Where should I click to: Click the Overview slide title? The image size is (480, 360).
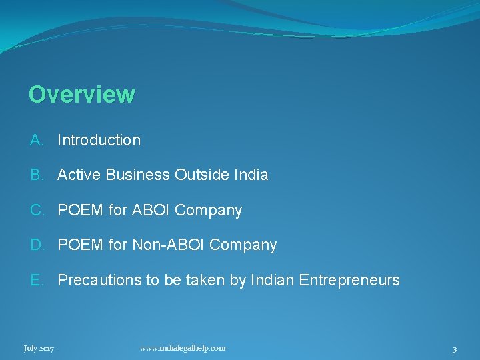coord(81,94)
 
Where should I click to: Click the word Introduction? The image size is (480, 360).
coord(99,140)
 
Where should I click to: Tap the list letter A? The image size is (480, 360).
coord(36,140)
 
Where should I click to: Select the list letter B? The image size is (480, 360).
coord(36,175)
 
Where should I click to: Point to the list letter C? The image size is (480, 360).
coord(37,210)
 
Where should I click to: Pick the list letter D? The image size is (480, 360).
coord(37,245)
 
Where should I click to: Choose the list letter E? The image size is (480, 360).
coord(36,280)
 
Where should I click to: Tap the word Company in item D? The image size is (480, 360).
coord(243,245)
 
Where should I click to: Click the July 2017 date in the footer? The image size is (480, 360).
coord(39,348)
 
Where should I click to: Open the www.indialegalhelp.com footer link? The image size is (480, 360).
coord(183,347)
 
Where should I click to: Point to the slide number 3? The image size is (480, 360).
coord(454,349)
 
